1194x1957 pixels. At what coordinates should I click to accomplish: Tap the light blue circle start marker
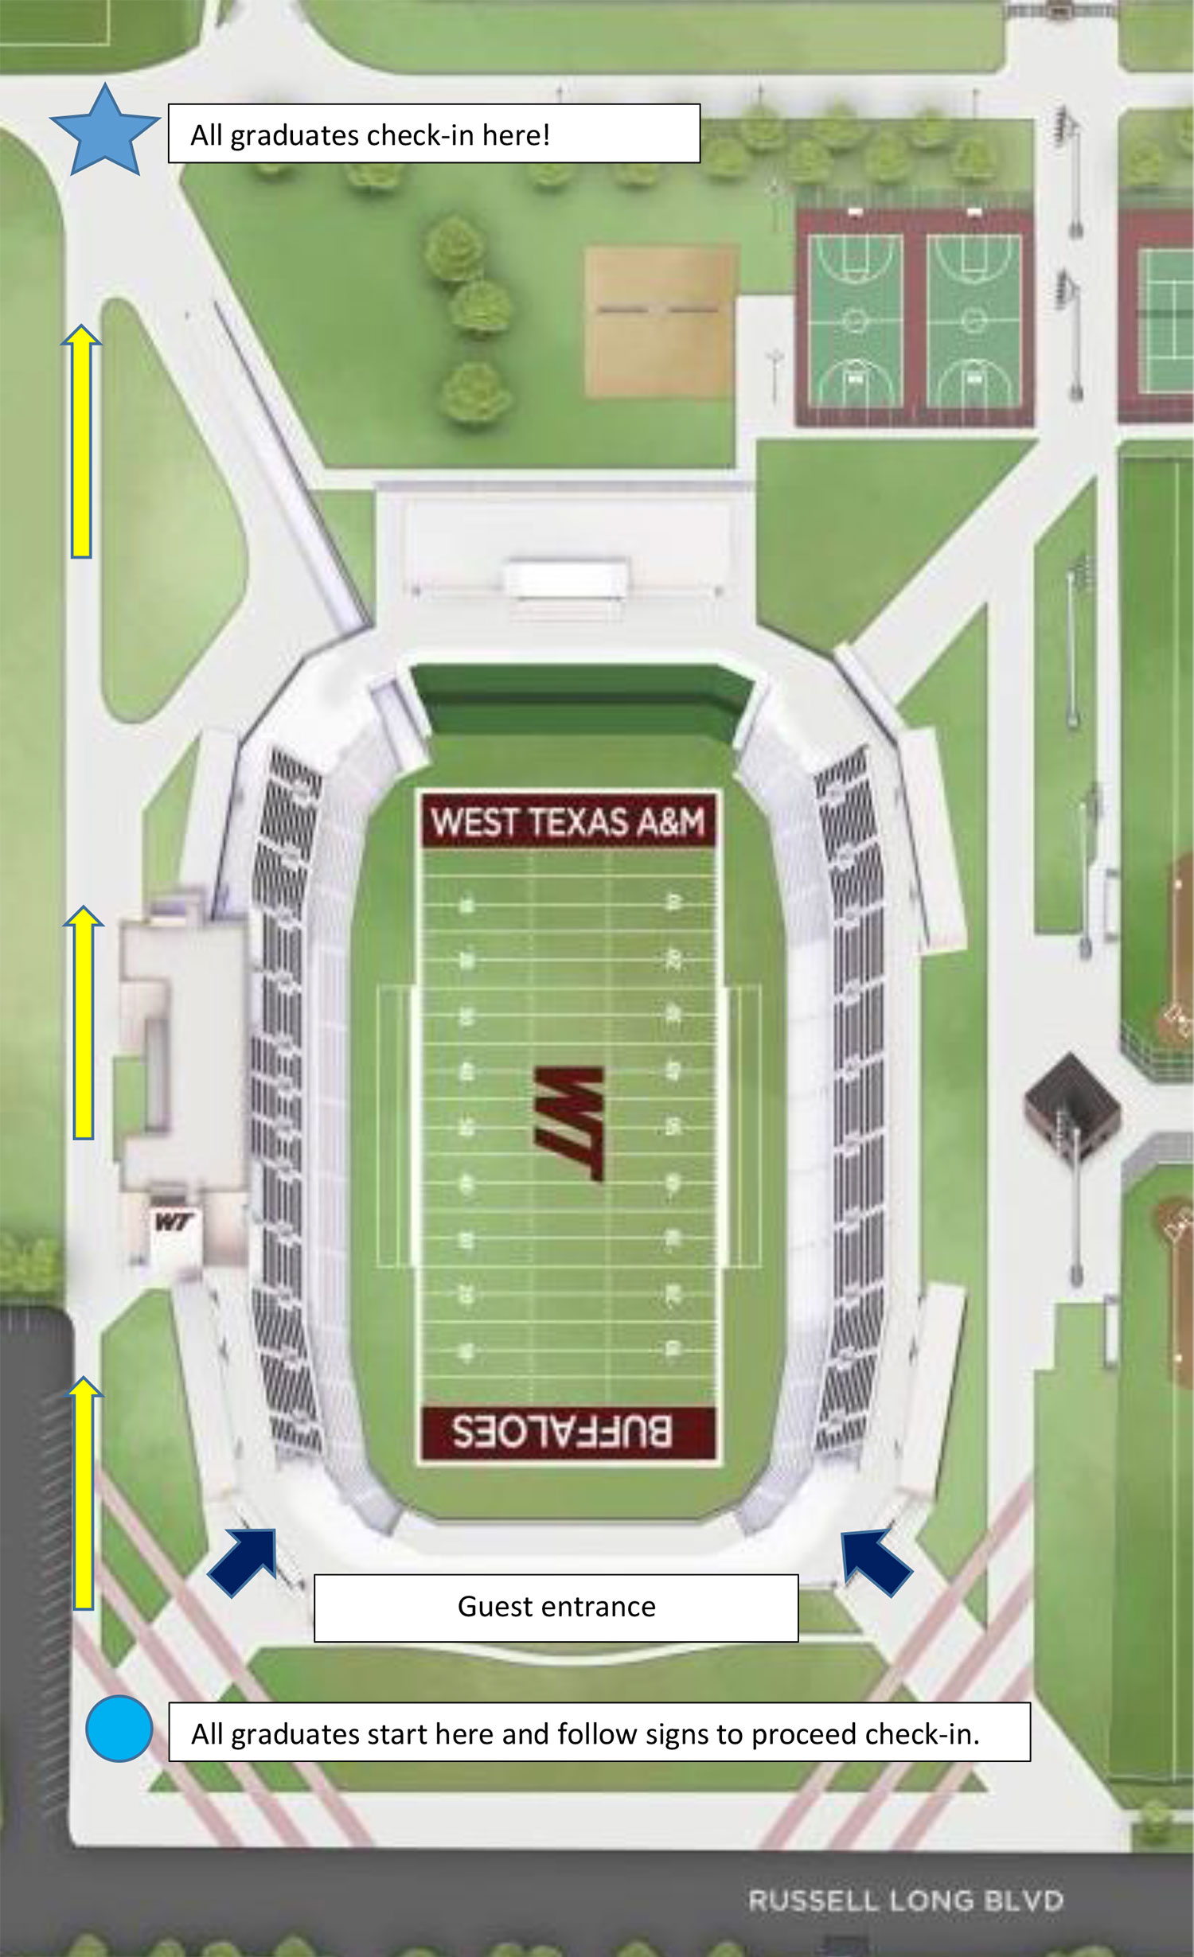119,1728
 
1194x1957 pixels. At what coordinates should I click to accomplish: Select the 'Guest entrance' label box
556,1607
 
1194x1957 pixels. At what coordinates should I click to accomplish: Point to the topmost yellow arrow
81,442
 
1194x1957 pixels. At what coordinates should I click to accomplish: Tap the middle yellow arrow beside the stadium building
83,1023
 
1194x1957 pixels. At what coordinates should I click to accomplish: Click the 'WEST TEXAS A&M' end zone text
568,821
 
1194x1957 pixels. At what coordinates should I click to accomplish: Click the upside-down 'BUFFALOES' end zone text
563,1432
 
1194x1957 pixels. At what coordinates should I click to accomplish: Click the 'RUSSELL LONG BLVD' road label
905,1900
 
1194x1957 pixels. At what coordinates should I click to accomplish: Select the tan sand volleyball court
659,321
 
